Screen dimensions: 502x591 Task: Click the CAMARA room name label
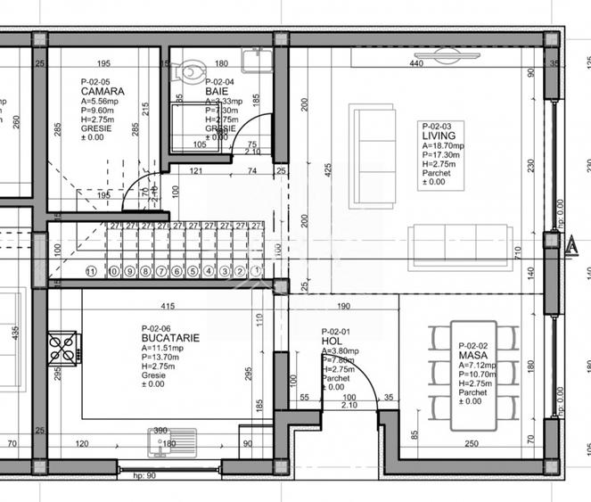(x=102, y=91)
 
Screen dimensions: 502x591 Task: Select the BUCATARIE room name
(x=169, y=339)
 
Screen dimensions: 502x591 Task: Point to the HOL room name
(x=330, y=342)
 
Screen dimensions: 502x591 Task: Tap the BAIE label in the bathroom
(x=218, y=91)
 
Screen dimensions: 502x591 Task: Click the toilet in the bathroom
(x=192, y=70)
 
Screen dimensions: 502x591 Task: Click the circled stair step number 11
(x=90, y=271)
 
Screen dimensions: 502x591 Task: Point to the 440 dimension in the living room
(x=415, y=64)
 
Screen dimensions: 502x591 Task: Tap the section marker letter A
(x=571, y=244)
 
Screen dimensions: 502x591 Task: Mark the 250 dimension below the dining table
(x=472, y=442)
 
